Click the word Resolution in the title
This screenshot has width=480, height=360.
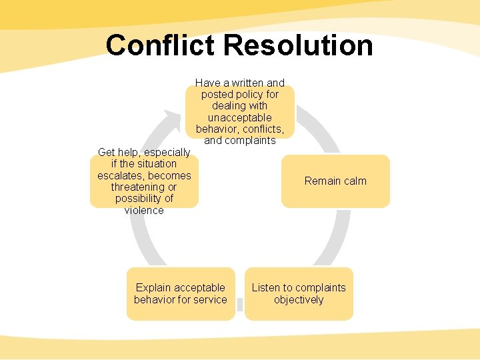tap(298, 45)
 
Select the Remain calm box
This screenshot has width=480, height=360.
tap(335, 181)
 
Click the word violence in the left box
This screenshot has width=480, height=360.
tap(144, 211)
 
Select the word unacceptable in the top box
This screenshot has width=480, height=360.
tap(239, 117)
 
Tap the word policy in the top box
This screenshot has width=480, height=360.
tap(247, 94)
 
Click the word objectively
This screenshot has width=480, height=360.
tap(299, 300)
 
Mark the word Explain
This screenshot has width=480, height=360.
tap(153, 288)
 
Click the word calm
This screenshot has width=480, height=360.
tap(352, 181)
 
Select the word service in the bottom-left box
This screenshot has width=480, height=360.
tap(211, 300)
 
